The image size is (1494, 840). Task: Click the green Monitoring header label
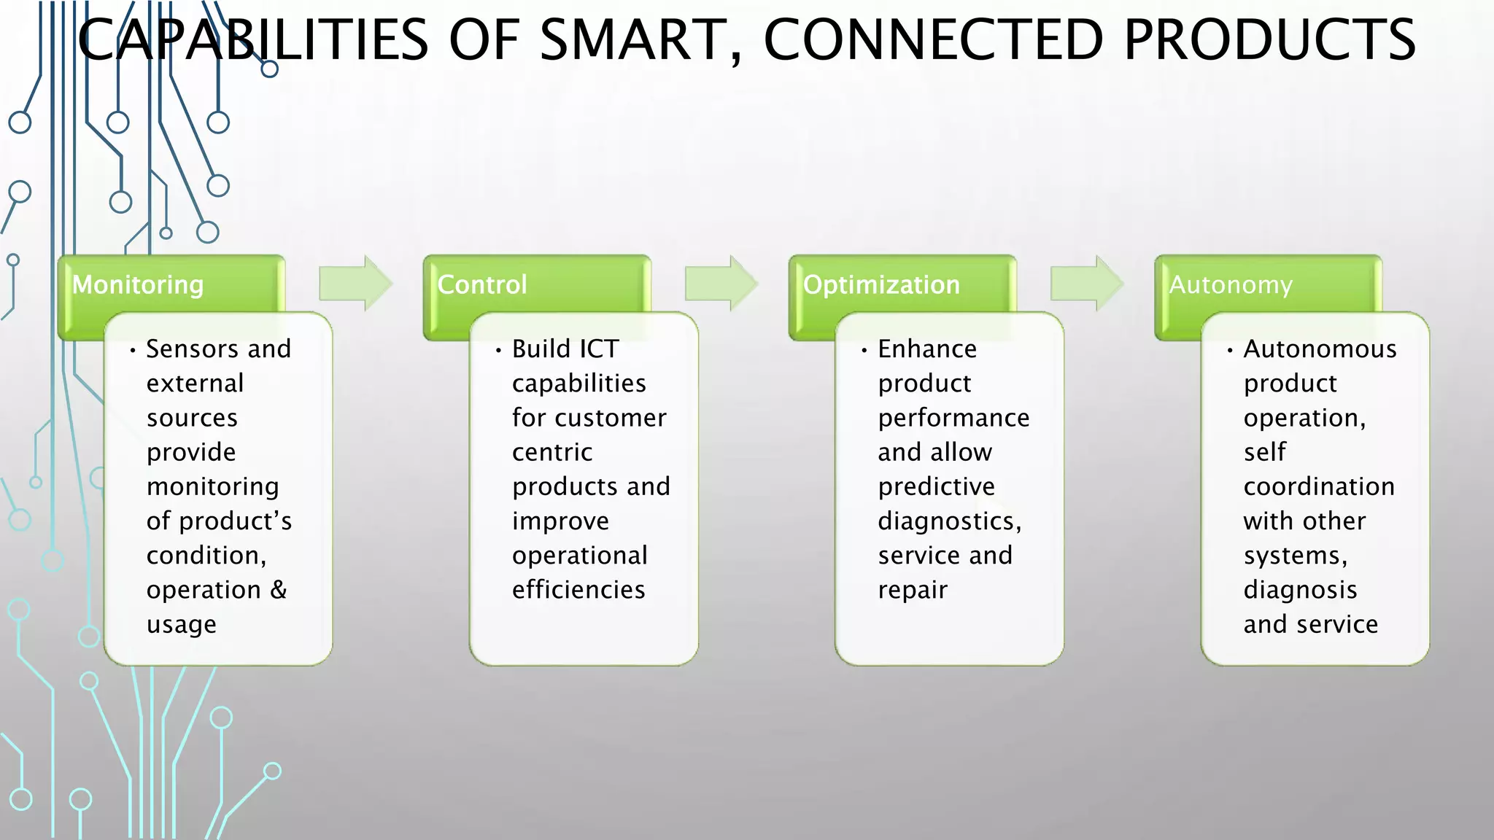coord(138,284)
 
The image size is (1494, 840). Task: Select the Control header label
coord(481,284)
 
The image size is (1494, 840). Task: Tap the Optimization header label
coord(881,284)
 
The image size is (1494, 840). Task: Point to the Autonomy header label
coord(1231,284)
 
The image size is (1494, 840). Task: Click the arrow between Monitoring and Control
coord(355,284)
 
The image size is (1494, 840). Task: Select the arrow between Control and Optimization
coord(721,284)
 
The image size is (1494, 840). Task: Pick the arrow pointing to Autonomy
coord(1086,284)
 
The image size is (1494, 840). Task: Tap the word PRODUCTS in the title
coord(1269,40)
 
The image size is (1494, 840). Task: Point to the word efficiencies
coord(578,589)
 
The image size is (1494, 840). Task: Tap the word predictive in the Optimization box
coord(936,486)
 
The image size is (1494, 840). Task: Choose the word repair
coord(913,590)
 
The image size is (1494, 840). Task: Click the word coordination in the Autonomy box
coord(1319,486)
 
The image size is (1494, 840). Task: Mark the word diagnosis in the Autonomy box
coord(1300,589)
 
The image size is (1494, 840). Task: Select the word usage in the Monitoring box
coord(181,625)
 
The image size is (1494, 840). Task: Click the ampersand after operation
coord(278,589)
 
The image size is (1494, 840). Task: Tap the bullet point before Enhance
coord(864,351)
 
